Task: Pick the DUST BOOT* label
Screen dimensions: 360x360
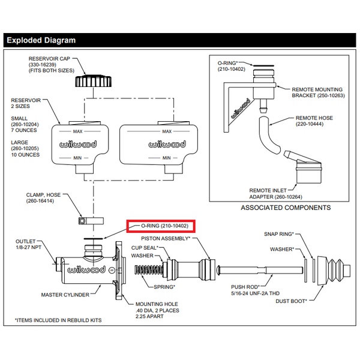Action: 293,301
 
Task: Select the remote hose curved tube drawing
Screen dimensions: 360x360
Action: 268,137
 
